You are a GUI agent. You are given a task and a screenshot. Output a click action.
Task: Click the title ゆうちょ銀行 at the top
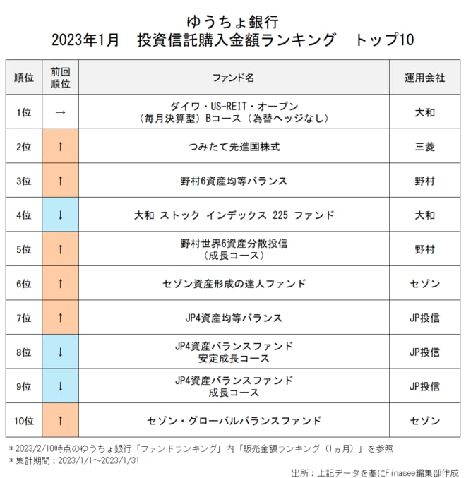(233, 20)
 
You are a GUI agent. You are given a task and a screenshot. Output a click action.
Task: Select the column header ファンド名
(233, 78)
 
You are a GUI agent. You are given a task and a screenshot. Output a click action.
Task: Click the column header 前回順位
(60, 78)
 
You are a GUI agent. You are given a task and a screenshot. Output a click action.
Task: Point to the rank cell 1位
(23, 112)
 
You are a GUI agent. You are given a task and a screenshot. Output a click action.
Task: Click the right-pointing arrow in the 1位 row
(60, 112)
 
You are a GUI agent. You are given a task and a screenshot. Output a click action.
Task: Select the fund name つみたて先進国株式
(233, 147)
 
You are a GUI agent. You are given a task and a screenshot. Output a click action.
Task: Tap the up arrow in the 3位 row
(60, 181)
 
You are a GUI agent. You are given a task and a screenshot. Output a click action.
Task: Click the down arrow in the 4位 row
(60, 215)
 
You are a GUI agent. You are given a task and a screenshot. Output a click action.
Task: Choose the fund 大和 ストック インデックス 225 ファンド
(233, 215)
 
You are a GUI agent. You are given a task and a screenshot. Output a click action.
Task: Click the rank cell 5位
(23, 249)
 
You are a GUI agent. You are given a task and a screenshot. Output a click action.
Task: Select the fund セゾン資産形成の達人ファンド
(233, 284)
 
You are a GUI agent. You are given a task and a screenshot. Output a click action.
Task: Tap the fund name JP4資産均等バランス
(233, 318)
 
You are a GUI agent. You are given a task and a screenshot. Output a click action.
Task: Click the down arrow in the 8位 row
(60, 352)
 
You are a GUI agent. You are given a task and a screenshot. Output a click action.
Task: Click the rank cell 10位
(23, 421)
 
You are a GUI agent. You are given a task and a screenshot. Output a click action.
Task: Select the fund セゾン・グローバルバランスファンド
(233, 421)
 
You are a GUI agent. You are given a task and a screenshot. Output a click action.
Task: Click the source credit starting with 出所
(374, 471)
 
